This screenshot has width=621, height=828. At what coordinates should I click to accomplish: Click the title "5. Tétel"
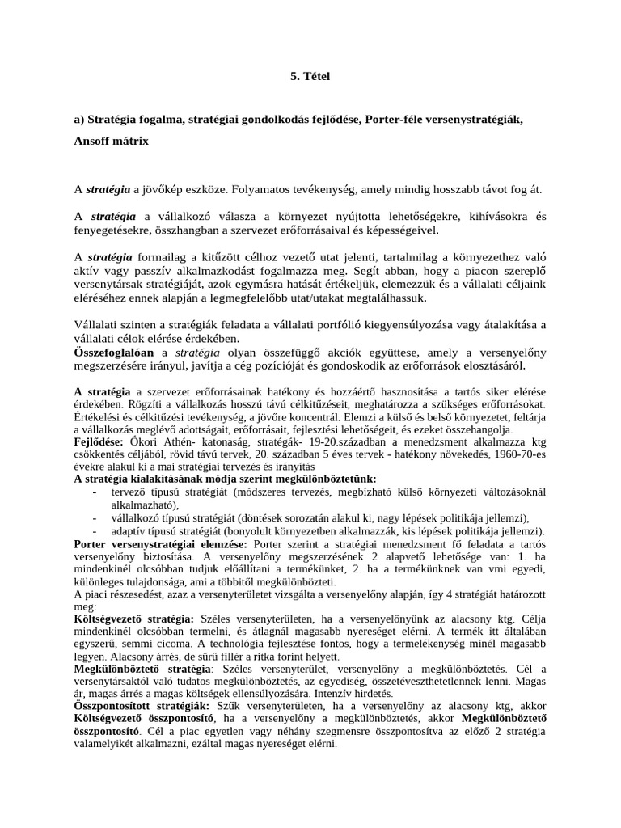click(310, 76)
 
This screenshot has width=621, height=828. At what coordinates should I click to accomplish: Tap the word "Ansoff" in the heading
click(93, 140)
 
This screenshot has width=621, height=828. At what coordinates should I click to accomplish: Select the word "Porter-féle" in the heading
click(395, 120)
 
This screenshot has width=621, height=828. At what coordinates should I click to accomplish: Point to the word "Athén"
click(176, 443)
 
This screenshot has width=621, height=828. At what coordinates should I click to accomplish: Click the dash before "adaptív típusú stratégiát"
click(95, 531)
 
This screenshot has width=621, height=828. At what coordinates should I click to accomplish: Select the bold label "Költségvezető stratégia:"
click(133, 617)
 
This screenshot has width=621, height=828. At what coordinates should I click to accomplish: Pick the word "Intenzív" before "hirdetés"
click(321, 693)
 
